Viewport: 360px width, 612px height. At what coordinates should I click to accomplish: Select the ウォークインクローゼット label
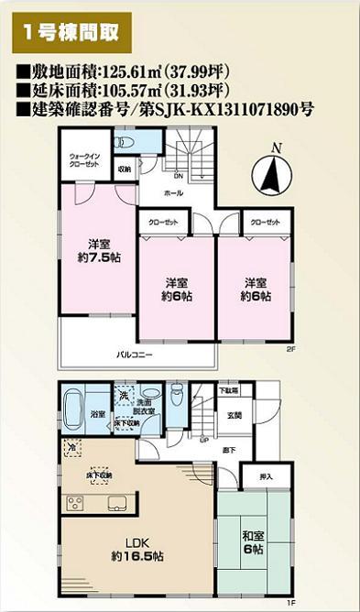[x=85, y=160]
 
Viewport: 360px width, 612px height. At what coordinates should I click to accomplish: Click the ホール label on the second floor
[x=173, y=194]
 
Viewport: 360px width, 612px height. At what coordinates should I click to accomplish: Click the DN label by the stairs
[x=179, y=176]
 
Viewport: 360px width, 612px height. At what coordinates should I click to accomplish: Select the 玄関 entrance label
[x=235, y=415]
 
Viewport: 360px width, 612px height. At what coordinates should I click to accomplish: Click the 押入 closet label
[x=266, y=477]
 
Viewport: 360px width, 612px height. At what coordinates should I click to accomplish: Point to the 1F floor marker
[x=289, y=602]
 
